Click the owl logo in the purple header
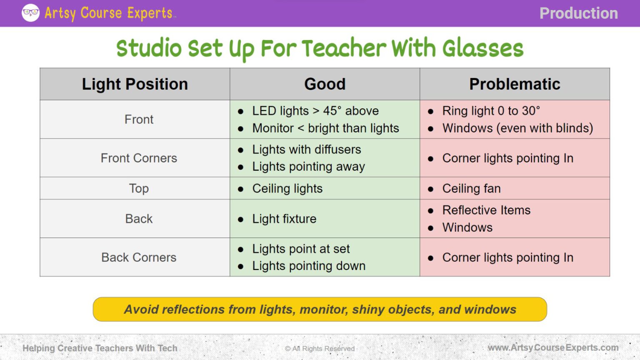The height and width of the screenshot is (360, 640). point(30,13)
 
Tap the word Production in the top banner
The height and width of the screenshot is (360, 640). point(578,13)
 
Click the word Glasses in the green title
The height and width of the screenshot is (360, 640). point(482,48)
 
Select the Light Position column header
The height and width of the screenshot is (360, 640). point(135,84)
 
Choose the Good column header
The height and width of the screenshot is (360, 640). point(325,84)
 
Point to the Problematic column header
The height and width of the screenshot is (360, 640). point(515,84)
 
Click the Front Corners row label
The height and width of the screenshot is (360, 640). point(139,158)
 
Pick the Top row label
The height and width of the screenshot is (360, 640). point(139,188)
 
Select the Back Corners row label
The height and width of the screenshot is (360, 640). point(139,257)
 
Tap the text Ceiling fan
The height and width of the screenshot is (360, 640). point(471,189)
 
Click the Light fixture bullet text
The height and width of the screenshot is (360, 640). point(284,219)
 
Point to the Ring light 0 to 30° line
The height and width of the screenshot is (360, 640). point(491,111)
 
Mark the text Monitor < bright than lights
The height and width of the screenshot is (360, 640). point(325,128)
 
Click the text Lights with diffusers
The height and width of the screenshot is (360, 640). point(306,150)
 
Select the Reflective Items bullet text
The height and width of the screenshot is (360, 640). point(486,210)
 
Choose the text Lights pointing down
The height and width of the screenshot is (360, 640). point(309,266)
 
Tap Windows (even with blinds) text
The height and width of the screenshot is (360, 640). point(517,128)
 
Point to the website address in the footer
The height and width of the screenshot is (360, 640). point(553,347)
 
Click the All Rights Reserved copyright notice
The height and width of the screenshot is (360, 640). point(320,348)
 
